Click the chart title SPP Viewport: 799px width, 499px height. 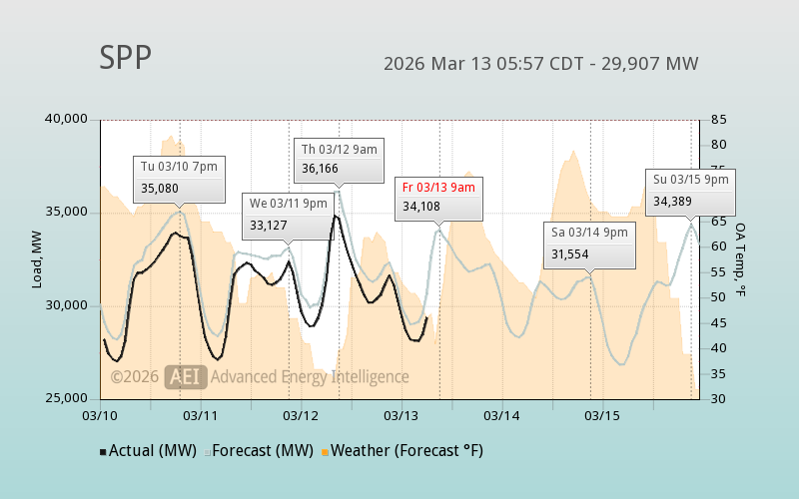tap(125, 58)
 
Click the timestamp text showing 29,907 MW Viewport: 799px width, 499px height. tap(540, 64)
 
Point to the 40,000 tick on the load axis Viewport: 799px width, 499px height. tap(68, 120)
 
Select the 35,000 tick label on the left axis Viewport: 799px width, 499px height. tap(68, 213)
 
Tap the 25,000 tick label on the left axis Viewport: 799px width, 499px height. tap(68, 398)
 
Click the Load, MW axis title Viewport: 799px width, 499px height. tap(37, 259)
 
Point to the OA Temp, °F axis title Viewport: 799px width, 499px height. tap(741, 259)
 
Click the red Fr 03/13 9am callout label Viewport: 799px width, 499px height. tap(438, 187)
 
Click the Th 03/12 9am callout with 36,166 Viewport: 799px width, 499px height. tap(340, 159)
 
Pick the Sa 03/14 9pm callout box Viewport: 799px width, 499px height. tap(589, 243)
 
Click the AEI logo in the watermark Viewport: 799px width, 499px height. tap(186, 376)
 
